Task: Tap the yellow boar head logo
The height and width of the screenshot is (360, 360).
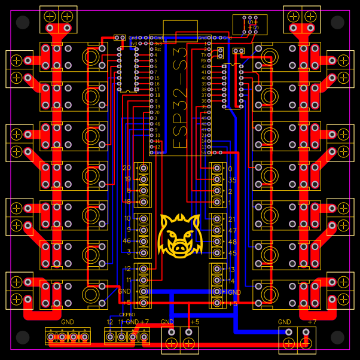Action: (179, 234)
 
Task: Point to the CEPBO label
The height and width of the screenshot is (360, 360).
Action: (127, 314)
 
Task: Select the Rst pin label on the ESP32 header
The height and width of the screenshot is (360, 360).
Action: (157, 49)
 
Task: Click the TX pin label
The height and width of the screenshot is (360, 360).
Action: (204, 54)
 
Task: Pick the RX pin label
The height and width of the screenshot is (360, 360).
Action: (204, 60)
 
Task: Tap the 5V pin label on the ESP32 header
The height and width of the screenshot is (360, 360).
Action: (204, 152)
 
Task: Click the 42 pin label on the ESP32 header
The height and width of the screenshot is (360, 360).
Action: (204, 66)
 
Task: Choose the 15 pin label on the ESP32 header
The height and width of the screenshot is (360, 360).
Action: (157, 78)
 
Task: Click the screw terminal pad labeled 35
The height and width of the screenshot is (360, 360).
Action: (217, 180)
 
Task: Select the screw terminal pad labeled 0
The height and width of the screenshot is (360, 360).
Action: (217, 169)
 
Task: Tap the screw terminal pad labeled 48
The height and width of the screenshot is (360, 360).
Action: (217, 242)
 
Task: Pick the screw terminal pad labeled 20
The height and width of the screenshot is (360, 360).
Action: (144, 168)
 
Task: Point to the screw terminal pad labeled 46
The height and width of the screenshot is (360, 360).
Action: (144, 240)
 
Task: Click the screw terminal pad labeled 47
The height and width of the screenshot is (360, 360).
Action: (217, 230)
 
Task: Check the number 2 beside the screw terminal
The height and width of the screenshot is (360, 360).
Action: (230, 191)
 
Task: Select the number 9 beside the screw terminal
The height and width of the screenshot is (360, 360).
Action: (128, 230)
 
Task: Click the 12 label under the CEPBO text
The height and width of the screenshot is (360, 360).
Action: (110, 322)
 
